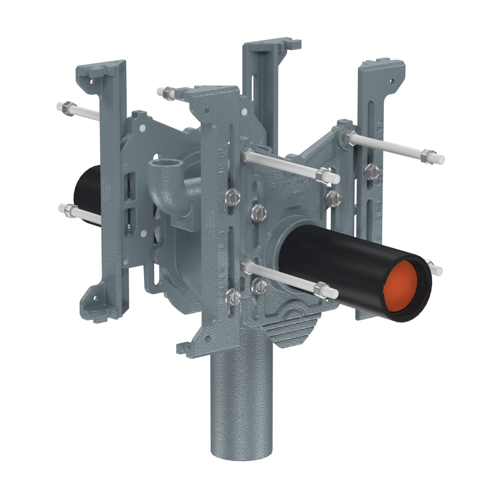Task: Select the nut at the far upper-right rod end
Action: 425,156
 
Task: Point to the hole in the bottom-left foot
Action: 96,298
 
